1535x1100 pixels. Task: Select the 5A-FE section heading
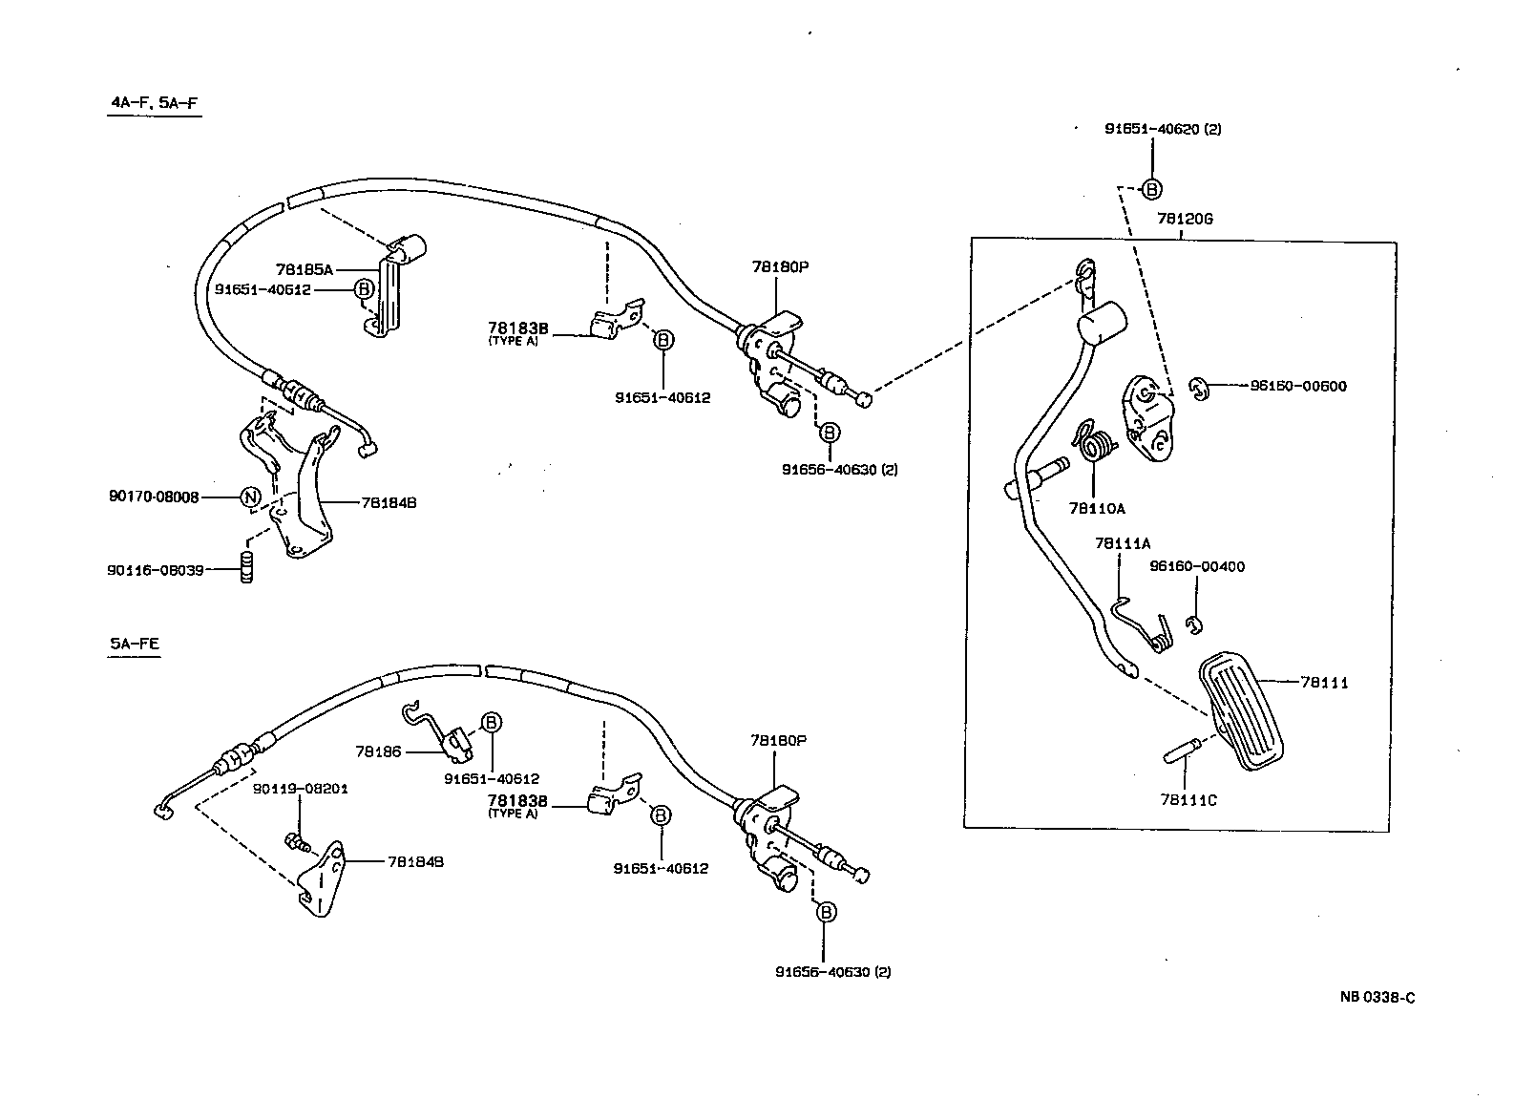(134, 644)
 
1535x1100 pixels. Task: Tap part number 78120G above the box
(1184, 219)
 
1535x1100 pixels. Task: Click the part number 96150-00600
(1298, 386)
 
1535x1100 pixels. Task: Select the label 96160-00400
(1197, 566)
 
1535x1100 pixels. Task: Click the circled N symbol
(249, 497)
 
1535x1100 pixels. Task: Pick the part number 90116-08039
(155, 570)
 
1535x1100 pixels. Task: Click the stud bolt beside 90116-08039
(246, 567)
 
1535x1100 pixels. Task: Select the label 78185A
(305, 270)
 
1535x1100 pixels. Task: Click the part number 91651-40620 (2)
(1163, 129)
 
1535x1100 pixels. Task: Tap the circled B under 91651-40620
(1152, 189)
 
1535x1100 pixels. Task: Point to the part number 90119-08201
(300, 790)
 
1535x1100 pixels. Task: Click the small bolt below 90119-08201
(298, 841)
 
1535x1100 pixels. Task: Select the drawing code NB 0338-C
(1377, 997)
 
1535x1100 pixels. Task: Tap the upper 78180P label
(779, 267)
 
